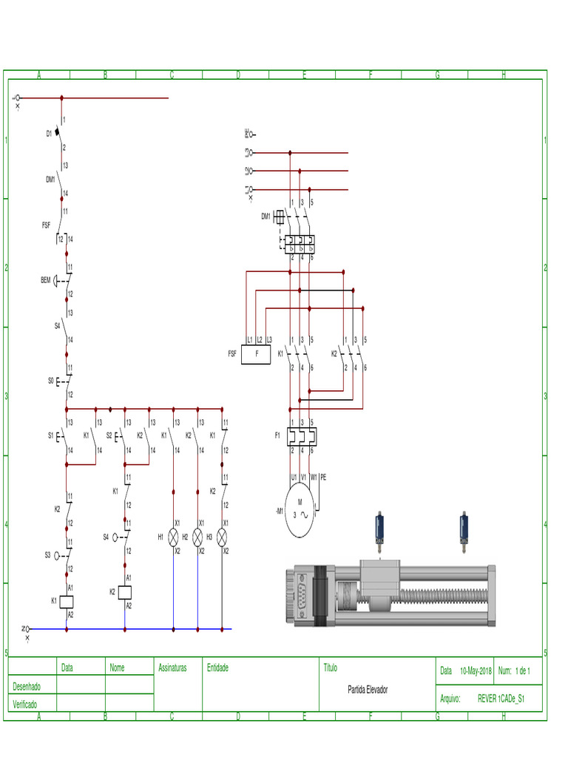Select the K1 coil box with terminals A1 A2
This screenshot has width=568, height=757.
[x=67, y=601]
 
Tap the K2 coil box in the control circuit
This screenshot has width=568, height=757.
[x=125, y=591]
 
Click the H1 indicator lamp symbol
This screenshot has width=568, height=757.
[x=174, y=537]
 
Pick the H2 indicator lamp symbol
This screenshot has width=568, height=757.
[x=198, y=537]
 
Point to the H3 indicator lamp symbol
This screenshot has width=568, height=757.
[x=222, y=537]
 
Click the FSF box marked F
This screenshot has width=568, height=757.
[x=257, y=354]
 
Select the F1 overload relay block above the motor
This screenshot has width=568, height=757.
[x=302, y=436]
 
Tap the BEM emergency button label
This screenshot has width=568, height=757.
[x=46, y=280]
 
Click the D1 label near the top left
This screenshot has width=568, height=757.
[x=50, y=134]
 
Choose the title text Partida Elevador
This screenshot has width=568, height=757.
[x=368, y=690]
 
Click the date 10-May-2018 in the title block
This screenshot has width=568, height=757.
[x=476, y=671]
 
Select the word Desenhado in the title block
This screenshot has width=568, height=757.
[x=27, y=687]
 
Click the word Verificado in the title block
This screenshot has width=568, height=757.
[x=24, y=705]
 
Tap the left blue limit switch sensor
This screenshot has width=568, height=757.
[x=379, y=529]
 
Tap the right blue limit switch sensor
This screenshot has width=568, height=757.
[x=464, y=529]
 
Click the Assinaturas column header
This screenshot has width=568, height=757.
[x=172, y=668]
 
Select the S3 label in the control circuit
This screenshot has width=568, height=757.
[x=48, y=554]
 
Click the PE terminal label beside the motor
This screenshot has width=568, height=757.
[x=323, y=477]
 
